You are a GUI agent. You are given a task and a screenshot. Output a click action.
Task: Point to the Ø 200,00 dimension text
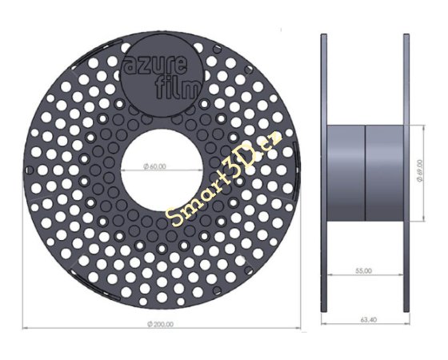pos(162,323)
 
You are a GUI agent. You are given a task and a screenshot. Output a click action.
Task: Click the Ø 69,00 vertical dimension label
pos(421,170)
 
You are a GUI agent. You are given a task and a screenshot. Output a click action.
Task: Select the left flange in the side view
pos(322,172)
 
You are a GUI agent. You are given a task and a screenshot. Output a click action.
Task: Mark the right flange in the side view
pos(406,172)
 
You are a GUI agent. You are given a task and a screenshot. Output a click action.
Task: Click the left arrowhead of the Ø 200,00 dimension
pos(25,327)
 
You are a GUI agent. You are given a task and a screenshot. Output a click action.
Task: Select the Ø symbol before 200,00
pos(150,323)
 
